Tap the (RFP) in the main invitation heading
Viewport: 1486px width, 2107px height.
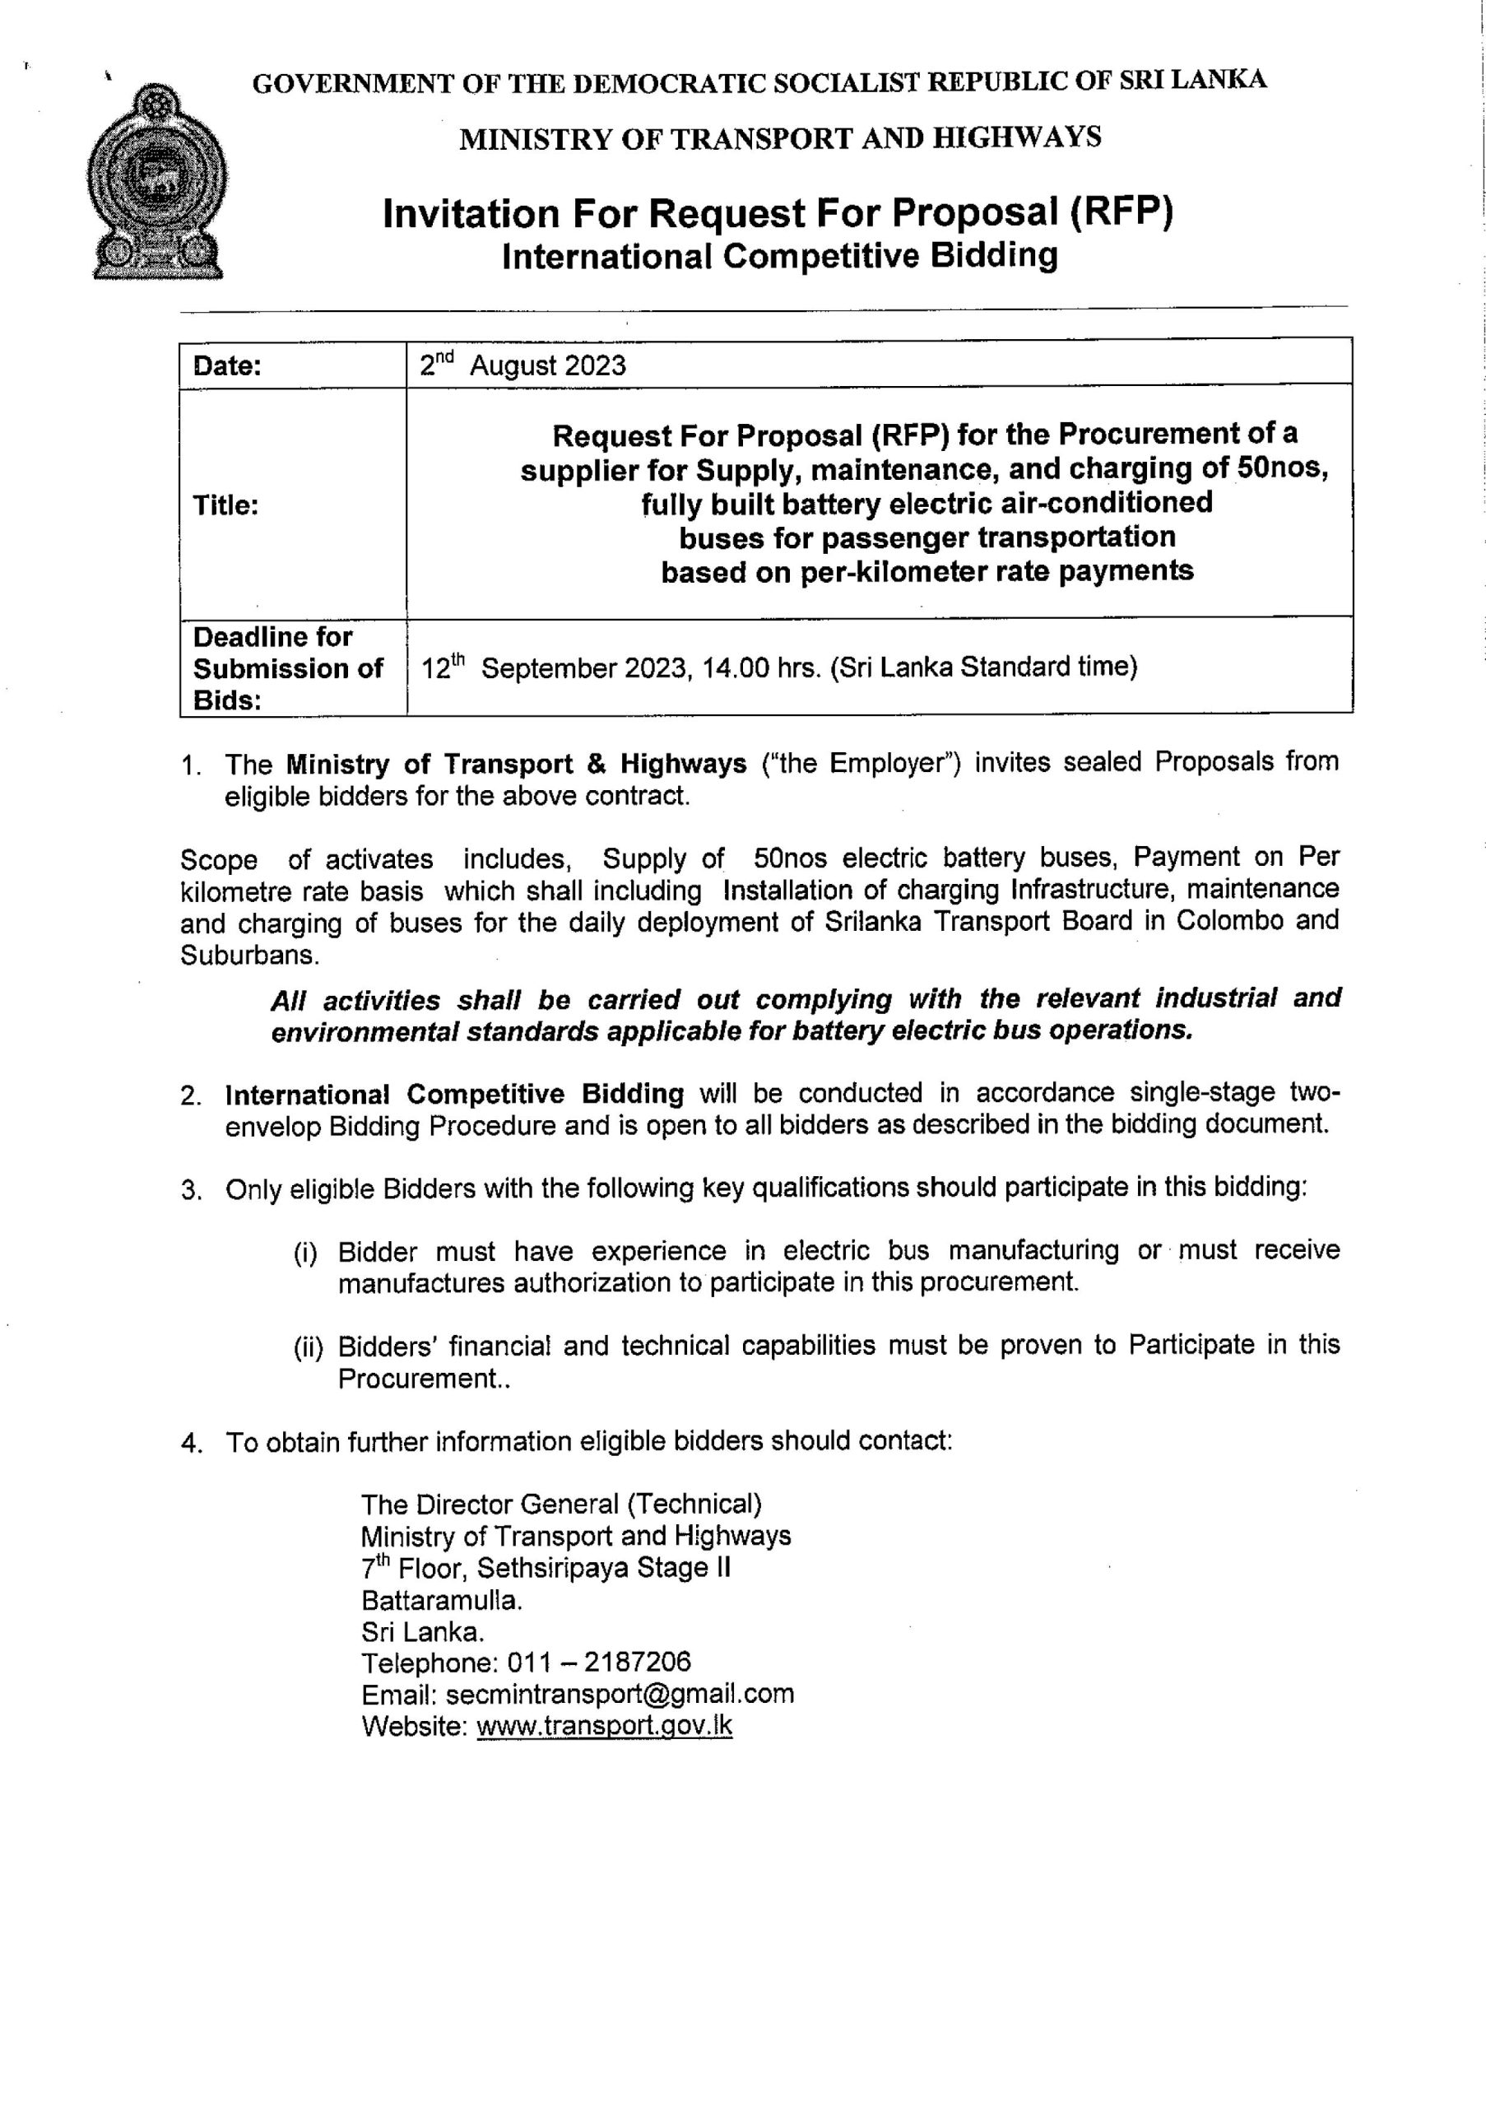1121,213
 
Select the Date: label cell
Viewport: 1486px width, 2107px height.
227,366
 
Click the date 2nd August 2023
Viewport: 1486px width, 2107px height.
522,365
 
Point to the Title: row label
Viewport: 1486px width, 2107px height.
225,505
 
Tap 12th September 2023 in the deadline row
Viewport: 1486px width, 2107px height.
553,667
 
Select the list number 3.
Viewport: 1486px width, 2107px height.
191,1190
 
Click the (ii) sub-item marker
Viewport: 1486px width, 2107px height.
309,1347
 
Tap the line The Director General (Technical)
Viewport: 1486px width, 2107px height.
561,1504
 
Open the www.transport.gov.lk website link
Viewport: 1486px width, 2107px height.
605,1726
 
